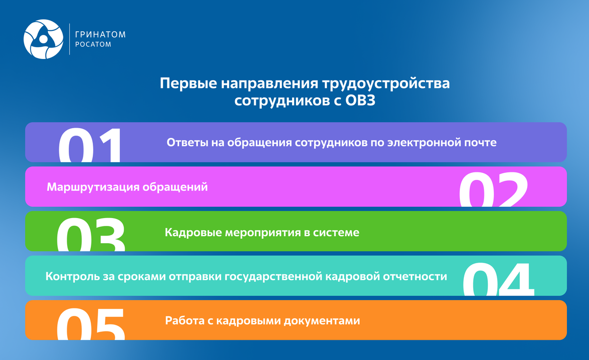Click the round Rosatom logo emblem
[44, 39]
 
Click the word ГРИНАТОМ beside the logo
[101, 34]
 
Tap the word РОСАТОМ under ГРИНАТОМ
[93, 45]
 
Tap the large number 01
[90, 146]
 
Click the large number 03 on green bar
[91, 235]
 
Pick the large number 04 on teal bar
[498, 279]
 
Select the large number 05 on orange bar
[91, 324]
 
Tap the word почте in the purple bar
[482, 143]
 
